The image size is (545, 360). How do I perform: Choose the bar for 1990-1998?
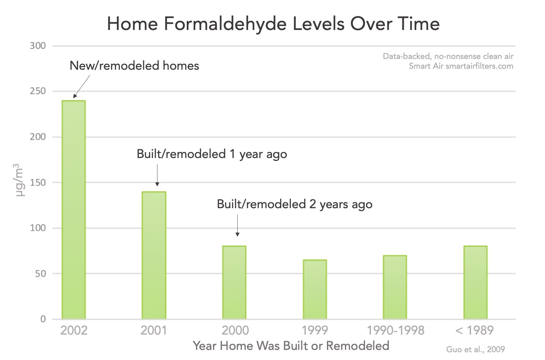(395, 287)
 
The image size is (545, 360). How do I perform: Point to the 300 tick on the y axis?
(38, 46)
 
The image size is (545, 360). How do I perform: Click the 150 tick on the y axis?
(38, 182)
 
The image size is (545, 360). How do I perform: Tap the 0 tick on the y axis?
(43, 319)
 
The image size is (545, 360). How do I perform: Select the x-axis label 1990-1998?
(395, 330)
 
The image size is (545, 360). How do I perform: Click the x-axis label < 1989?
(474, 330)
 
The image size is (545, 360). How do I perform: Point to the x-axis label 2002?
(74, 330)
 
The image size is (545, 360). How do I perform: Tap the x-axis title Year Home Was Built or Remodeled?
(291, 345)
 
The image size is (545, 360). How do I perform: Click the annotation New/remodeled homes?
(134, 66)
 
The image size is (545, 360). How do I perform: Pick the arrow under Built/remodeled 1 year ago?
(157, 175)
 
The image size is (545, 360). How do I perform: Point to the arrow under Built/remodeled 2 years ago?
(237, 225)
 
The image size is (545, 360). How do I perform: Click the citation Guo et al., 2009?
(475, 350)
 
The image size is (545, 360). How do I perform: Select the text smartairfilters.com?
(479, 66)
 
